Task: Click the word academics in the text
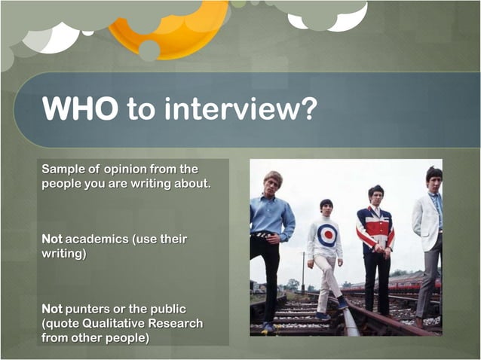coord(97,239)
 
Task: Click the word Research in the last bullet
coord(179,323)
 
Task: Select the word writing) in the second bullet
coord(64,254)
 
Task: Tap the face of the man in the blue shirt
coord(272,184)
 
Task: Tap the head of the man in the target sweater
coord(326,206)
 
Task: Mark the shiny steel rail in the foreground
coord(348,321)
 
